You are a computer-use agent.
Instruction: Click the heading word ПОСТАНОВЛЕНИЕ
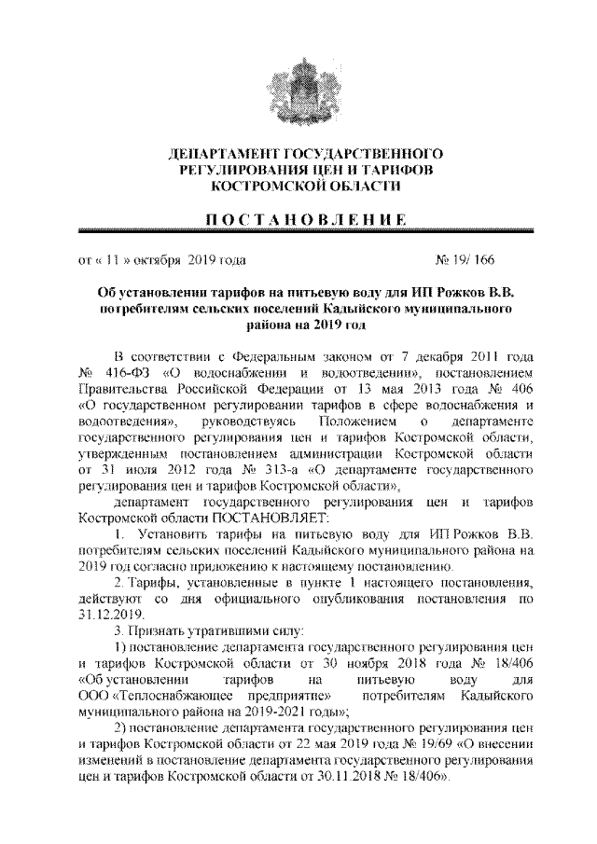(x=298, y=218)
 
